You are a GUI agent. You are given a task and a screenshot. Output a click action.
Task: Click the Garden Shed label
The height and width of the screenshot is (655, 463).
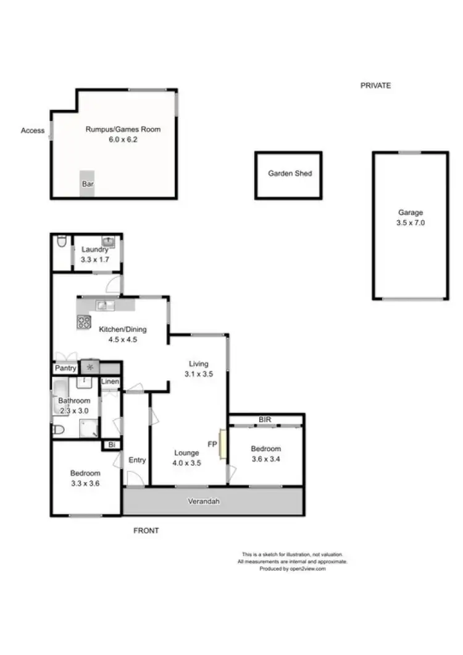290,174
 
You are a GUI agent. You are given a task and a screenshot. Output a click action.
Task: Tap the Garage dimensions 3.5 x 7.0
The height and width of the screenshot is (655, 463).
411,223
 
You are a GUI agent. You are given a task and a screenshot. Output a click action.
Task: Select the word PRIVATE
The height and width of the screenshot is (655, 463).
375,86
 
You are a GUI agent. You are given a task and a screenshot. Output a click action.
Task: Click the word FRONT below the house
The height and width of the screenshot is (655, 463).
146,531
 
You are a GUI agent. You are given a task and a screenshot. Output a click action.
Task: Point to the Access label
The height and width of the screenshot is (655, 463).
33,130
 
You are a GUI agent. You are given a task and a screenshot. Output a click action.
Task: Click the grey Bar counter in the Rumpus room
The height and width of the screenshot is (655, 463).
88,184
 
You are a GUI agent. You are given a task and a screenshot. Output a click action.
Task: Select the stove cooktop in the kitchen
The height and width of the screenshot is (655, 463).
84,322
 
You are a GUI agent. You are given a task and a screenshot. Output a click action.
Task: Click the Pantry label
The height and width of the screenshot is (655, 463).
65,368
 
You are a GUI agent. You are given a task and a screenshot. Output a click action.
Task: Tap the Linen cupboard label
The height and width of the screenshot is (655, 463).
110,382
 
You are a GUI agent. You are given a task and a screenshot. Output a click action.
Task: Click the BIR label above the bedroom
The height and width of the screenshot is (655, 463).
265,420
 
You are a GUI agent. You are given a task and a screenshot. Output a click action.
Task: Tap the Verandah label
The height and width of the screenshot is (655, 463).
204,501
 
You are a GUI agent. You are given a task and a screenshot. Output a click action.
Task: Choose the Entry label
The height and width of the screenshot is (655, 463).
137,460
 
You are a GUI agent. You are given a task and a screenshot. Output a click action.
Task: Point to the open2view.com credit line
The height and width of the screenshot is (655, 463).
293,569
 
